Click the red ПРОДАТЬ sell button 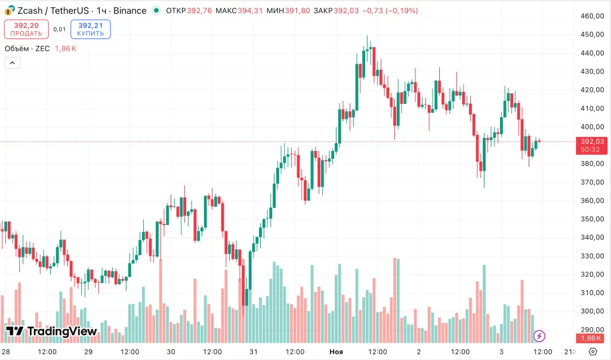[26, 29]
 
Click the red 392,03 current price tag [592, 141]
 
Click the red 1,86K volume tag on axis [592, 337]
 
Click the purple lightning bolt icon [539, 336]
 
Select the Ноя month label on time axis [337, 352]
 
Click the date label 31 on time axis [254, 352]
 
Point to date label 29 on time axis [88, 352]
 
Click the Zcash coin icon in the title [10, 11]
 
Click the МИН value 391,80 [297, 11]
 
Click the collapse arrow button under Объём [12, 63]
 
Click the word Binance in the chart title [129, 11]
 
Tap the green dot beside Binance [156, 11]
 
